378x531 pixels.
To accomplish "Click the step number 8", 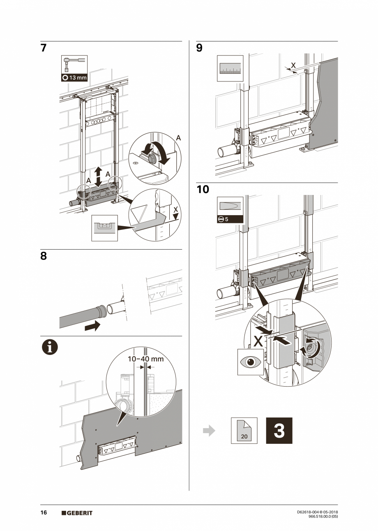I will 44,256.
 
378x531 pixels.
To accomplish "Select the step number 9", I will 199,48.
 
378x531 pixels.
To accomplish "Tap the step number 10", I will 203,190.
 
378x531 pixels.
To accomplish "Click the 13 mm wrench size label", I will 74,78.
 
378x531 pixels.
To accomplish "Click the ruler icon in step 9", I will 230,68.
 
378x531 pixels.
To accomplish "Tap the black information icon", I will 49,348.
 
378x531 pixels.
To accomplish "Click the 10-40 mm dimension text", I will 145,359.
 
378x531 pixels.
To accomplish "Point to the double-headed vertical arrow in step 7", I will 98,177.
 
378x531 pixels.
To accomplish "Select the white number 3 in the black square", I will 279,431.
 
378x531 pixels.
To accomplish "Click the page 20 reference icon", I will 244,431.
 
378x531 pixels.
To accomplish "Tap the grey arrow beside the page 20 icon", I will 209,431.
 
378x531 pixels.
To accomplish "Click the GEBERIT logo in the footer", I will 77,513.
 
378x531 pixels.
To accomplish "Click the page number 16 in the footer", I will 44,512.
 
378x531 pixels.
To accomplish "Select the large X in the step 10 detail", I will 258,340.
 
